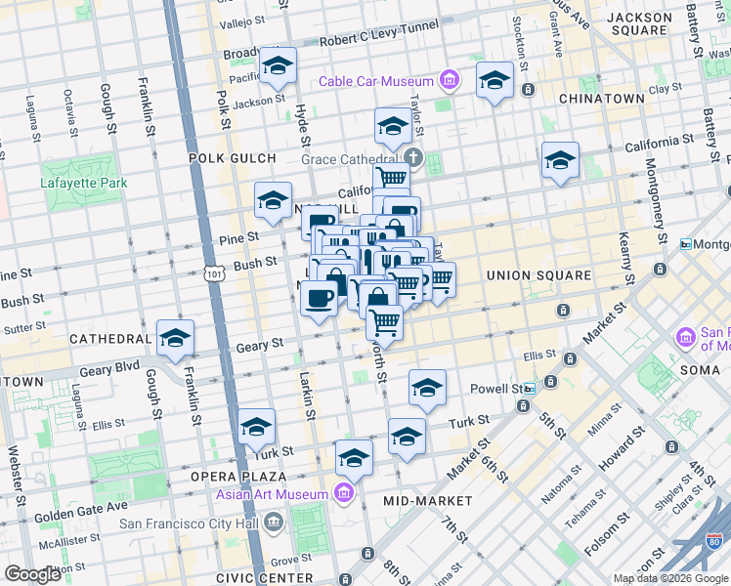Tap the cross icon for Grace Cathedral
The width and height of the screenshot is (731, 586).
(x=413, y=158)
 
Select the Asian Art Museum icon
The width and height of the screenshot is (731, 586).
(x=343, y=494)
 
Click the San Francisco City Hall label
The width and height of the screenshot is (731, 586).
(x=191, y=523)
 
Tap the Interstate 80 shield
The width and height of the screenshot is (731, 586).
(x=715, y=539)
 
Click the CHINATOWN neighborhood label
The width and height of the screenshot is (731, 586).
(x=601, y=99)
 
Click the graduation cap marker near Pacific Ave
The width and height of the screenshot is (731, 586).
(x=279, y=66)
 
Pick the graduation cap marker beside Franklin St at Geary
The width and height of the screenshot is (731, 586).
(x=175, y=339)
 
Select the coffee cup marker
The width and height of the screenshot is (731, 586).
(x=319, y=299)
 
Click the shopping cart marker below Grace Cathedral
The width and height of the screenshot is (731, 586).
(x=392, y=178)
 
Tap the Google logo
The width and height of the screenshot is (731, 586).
(x=32, y=574)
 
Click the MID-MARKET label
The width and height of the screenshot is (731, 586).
(x=427, y=501)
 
